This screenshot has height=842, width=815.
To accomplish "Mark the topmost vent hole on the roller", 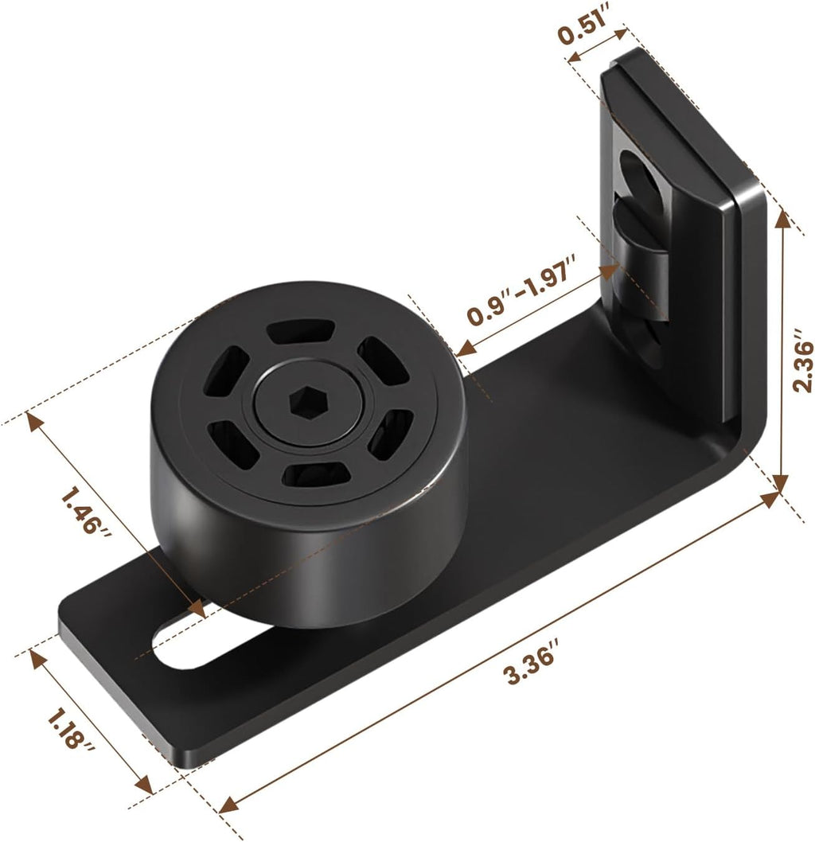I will (x=300, y=330).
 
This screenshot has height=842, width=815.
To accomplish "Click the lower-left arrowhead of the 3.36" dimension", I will (x=224, y=827).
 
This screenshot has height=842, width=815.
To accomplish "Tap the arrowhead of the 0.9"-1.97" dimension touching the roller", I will (x=465, y=348).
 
